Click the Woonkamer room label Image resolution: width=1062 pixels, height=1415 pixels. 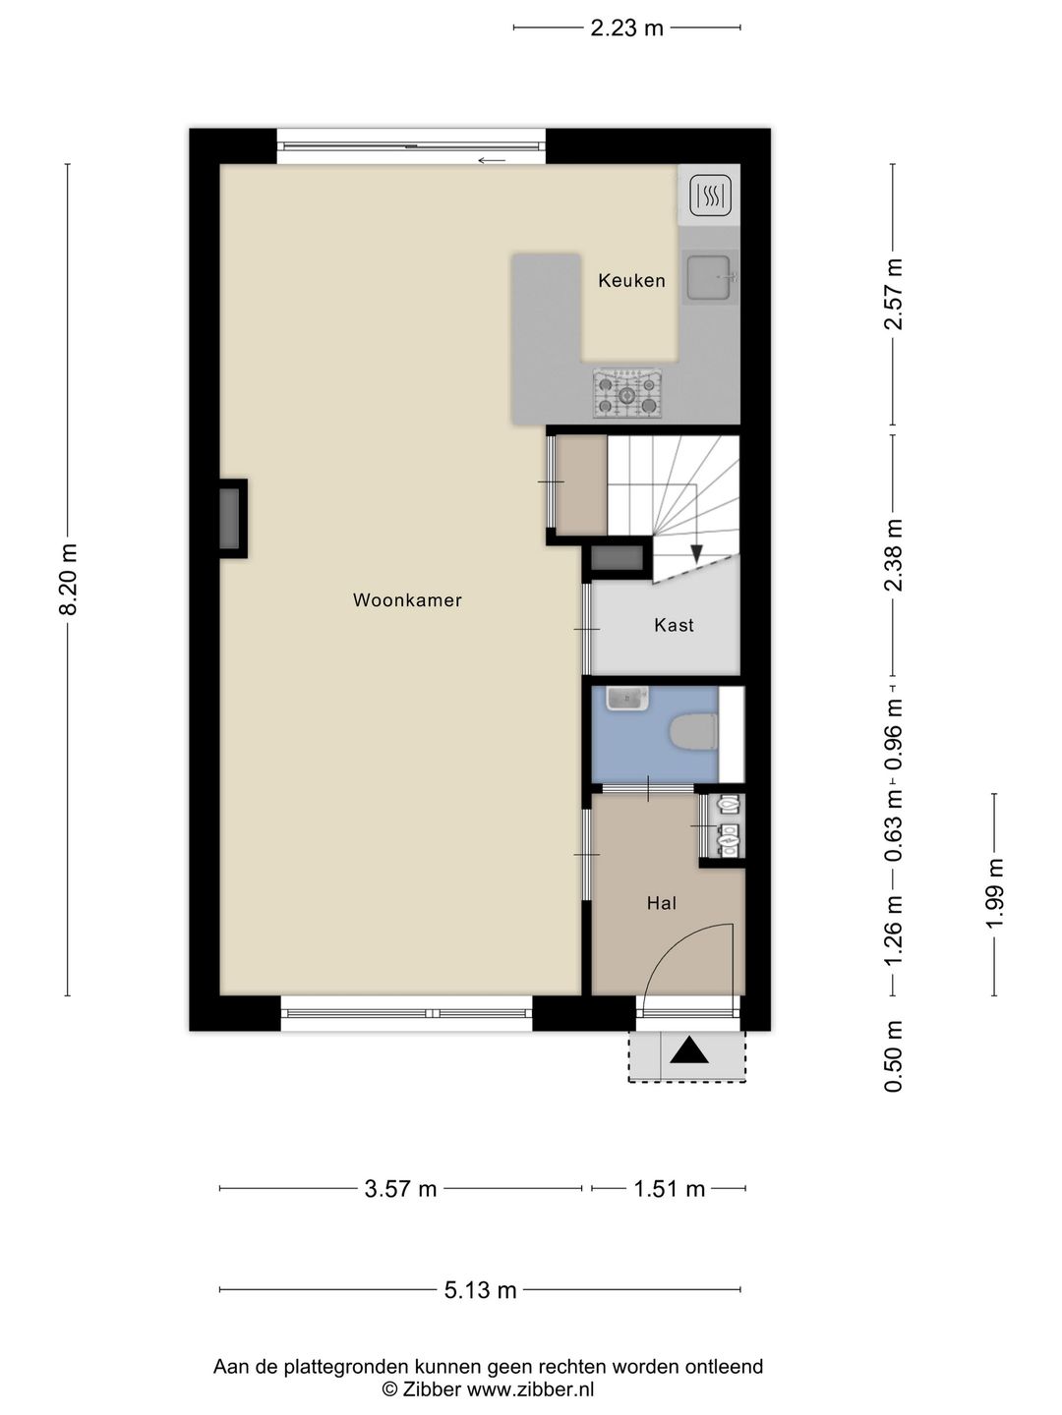pyautogui.click(x=407, y=600)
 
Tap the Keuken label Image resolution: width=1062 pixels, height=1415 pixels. pyautogui.click(x=631, y=280)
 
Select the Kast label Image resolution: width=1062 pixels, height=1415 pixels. pyautogui.click(x=674, y=625)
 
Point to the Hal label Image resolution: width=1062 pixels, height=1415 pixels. pyautogui.click(x=662, y=903)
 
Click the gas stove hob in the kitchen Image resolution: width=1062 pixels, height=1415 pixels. pyautogui.click(x=626, y=394)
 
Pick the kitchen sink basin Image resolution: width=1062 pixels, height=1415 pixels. pyautogui.click(x=709, y=278)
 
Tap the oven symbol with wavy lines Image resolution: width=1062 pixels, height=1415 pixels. pyautogui.click(x=710, y=196)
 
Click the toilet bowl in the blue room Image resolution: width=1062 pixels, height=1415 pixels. pyautogui.click(x=694, y=732)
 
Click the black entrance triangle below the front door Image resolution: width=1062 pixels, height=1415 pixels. pyautogui.click(x=689, y=1050)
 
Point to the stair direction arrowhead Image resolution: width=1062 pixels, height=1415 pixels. pyautogui.click(x=696, y=554)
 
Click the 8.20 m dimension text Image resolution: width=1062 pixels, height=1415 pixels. pyautogui.click(x=69, y=580)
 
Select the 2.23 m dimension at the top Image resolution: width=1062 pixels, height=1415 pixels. pyautogui.click(x=626, y=28)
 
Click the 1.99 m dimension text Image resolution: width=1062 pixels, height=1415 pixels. pyautogui.click(x=995, y=894)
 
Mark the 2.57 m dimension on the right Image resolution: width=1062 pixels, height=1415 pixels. pyautogui.click(x=894, y=294)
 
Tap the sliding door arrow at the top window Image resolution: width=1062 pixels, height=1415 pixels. pyautogui.click(x=492, y=160)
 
